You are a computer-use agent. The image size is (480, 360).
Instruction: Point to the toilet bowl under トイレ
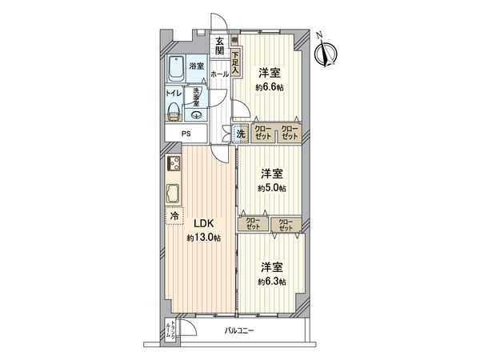(x=176, y=110)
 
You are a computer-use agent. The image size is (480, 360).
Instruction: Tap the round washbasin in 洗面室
(x=198, y=114)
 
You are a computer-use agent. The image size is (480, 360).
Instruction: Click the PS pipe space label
(x=186, y=134)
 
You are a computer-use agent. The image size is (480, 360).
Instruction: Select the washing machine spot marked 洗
(x=239, y=134)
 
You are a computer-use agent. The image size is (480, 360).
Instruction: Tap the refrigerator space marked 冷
(x=174, y=215)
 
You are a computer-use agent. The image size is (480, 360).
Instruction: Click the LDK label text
(x=201, y=225)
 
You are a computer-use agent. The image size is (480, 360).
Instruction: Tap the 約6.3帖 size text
(x=271, y=282)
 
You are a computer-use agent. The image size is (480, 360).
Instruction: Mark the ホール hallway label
(x=219, y=74)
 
